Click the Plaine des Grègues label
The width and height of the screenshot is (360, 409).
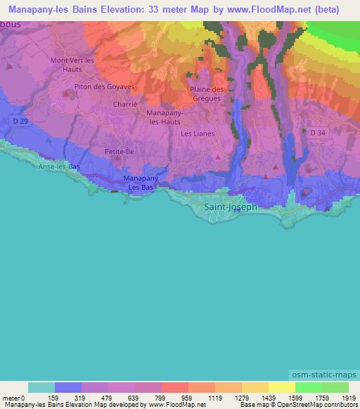[x=207, y=93]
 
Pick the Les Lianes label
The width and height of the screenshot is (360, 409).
[x=198, y=133]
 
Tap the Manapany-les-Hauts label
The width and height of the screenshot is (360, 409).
[x=166, y=117]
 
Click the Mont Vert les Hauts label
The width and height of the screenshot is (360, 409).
[x=72, y=65]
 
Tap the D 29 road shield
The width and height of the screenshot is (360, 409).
[x=21, y=122]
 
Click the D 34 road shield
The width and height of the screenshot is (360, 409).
[x=319, y=131]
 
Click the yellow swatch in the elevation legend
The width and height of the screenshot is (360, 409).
[x=281, y=387]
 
